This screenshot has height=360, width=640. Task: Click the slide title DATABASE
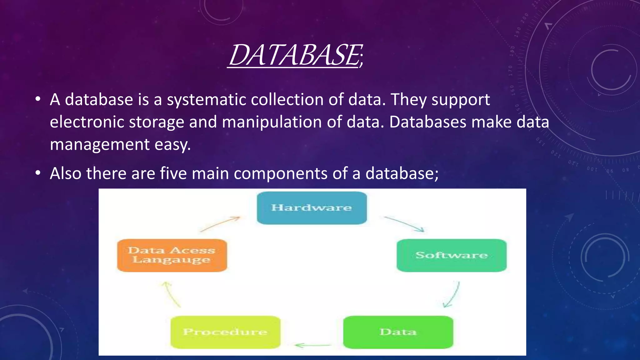[x=296, y=55]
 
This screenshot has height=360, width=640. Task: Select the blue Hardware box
[x=312, y=208]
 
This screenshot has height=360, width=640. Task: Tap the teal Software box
[x=452, y=255]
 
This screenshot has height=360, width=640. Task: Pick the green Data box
[x=398, y=332]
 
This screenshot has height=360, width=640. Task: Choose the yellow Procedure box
[x=225, y=332]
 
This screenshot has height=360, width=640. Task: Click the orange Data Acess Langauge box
[x=172, y=255]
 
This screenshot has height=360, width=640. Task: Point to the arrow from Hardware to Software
[x=404, y=224]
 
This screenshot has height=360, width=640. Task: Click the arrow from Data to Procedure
[x=312, y=345]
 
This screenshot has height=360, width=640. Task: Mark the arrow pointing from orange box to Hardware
[x=220, y=224]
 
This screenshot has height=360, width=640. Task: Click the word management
[x=100, y=144]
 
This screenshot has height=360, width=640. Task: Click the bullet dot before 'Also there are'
[x=38, y=173]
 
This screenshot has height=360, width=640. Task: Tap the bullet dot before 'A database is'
[x=38, y=100]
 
